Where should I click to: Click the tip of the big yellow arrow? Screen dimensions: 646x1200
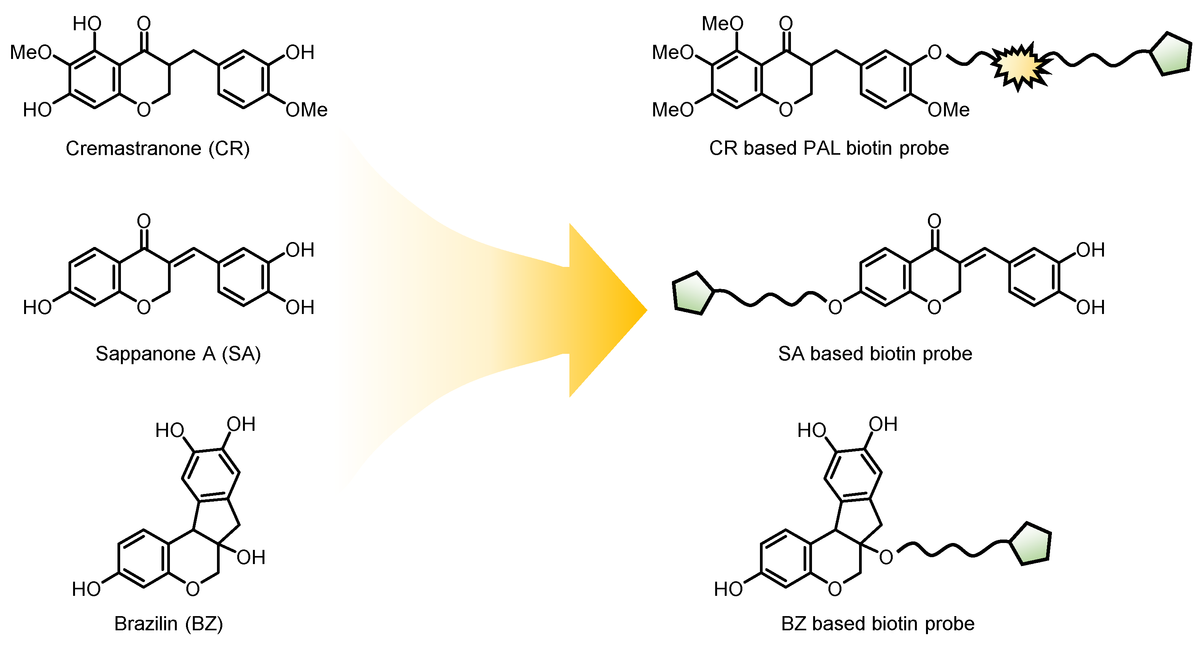coord(645,310)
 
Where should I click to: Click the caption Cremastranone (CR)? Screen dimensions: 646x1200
coord(157,149)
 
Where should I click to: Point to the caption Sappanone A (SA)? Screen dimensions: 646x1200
coord(178,354)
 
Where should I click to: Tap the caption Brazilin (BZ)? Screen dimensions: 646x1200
coord(169,624)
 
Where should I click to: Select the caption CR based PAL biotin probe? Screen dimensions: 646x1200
coord(829,148)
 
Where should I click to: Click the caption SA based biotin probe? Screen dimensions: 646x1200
coord(875,354)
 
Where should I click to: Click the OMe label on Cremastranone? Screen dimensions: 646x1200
coord(306,110)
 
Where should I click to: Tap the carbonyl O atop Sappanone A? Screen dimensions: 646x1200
coord(144,221)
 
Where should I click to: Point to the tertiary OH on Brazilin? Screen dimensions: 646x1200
coord(251,558)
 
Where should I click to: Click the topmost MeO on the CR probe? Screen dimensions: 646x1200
coord(722,24)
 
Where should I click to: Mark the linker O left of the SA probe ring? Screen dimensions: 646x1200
coord(835,307)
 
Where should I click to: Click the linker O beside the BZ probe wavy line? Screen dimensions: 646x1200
coord(885,558)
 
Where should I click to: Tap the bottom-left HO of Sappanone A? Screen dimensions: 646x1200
coord(37,307)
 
